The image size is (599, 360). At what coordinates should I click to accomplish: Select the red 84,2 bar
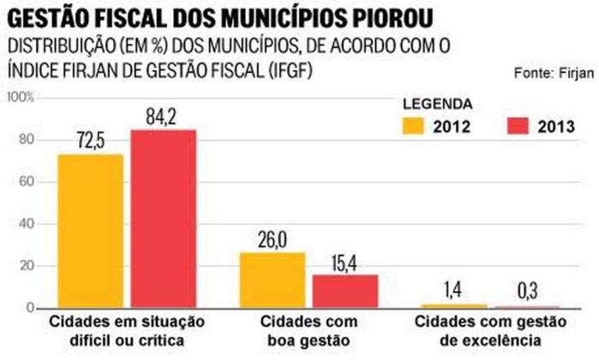(163, 218)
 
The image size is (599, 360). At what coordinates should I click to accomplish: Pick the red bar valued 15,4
(344, 291)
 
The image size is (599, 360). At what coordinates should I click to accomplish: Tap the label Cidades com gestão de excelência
(485, 331)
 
